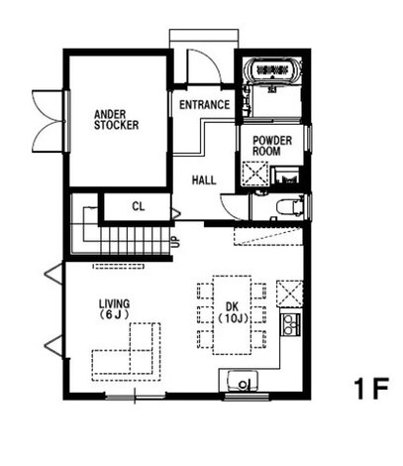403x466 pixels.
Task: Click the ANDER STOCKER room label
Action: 116,120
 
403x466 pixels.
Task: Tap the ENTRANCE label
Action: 204,105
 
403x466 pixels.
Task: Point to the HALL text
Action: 204,180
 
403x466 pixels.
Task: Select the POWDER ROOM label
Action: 272,146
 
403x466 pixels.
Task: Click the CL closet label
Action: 139,206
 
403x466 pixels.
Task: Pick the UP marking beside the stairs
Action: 175,242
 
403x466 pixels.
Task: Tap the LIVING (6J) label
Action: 114,308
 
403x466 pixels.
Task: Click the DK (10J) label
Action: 233,312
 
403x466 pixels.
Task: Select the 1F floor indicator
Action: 371,389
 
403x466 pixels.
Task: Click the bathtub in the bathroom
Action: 272,70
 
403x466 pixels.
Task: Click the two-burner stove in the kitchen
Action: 290,324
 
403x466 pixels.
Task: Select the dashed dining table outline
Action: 232,315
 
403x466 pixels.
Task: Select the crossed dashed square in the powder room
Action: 255,174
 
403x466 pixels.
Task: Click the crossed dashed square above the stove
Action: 290,293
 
